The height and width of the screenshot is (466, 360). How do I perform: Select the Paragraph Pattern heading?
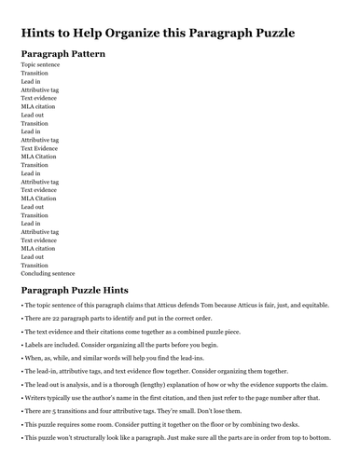(63, 54)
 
